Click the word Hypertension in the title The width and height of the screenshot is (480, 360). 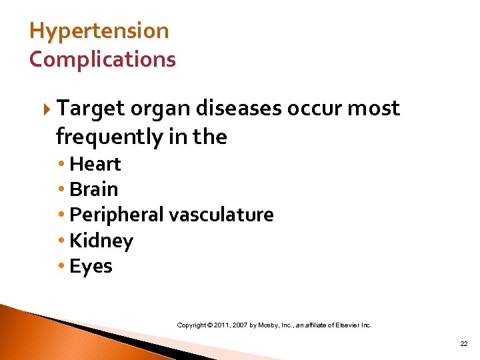[x=99, y=31]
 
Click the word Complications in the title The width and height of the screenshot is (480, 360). [x=103, y=59]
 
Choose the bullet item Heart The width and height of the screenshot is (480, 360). [x=95, y=164]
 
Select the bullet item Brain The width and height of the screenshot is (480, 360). [x=93, y=189]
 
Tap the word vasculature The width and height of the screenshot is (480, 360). [x=221, y=215]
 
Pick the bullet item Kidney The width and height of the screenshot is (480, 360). [x=101, y=241]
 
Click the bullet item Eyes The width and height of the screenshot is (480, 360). [x=91, y=267]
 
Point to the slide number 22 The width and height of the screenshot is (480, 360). [x=464, y=343]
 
